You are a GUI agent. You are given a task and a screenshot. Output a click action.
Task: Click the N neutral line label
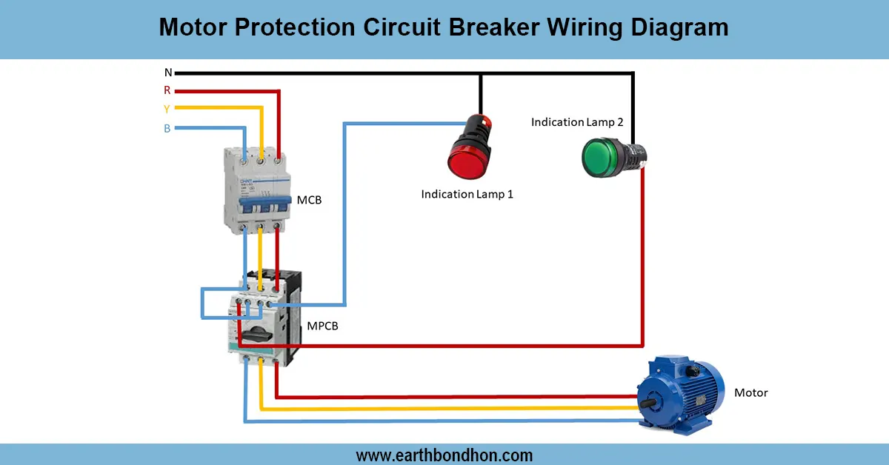[x=168, y=73]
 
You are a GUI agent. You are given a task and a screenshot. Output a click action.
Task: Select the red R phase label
[x=167, y=90]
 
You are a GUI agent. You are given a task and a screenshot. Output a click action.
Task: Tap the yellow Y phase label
[x=167, y=109]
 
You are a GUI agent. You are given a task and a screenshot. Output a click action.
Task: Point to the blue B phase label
[x=167, y=128]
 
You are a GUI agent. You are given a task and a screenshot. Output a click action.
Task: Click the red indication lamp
[x=467, y=152]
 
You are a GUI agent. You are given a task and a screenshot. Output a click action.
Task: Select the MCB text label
[x=309, y=200]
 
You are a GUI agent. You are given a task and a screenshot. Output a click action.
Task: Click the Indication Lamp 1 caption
[x=467, y=194]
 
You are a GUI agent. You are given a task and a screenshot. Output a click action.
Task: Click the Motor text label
[x=750, y=392]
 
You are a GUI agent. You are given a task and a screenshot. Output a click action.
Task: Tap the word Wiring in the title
[x=589, y=27]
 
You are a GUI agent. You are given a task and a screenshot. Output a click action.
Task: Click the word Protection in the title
[x=297, y=27]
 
